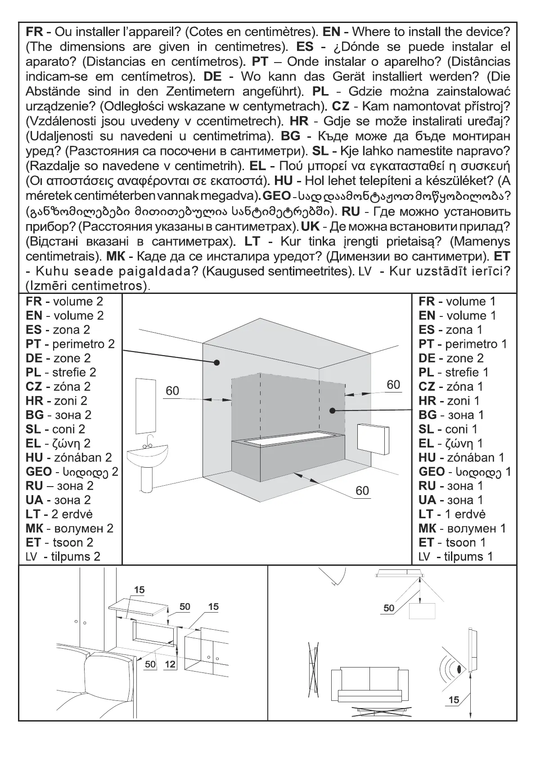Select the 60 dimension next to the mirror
point(172,391)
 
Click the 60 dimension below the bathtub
point(362,491)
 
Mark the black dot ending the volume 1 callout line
point(332,410)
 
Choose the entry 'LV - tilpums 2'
point(63,557)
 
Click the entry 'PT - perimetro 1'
point(462,344)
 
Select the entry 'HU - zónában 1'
point(461,458)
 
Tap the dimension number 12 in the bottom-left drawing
point(170,664)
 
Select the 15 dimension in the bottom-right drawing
point(454,699)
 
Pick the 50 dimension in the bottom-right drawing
point(389,608)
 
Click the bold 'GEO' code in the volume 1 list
point(431,472)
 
